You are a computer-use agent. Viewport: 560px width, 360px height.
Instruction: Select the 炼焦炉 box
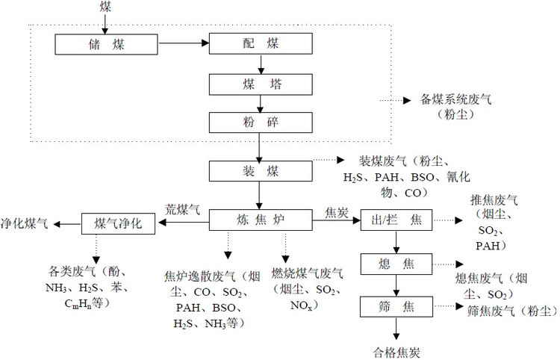pyautogui.click(x=258, y=221)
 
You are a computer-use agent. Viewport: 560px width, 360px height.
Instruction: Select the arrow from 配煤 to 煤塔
pyautogui.click(x=258, y=64)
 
